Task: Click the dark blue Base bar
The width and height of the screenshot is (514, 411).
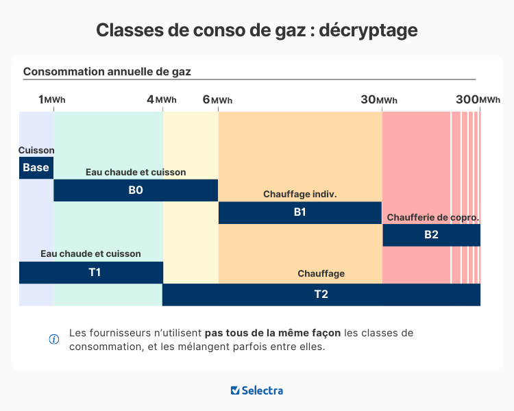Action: coord(36,168)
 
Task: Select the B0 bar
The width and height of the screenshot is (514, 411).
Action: coord(136,190)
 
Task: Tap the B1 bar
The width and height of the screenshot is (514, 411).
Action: coord(299,212)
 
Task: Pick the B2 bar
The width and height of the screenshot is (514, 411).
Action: coord(431,235)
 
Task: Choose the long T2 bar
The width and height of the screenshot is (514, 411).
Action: coord(321,295)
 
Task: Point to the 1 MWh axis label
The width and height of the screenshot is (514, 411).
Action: coord(52,100)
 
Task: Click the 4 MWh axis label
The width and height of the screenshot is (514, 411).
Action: coord(161,100)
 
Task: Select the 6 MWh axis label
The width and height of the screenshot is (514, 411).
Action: coord(217,100)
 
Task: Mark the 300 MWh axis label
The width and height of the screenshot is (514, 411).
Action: coord(478,100)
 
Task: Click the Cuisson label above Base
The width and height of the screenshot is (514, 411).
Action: coord(36,151)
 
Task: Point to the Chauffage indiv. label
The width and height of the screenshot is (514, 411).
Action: coord(299,195)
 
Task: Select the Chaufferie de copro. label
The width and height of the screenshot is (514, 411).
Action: coord(432,217)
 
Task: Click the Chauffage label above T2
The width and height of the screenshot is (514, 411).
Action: coord(321,274)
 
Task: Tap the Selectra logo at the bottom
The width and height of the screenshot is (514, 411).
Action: coord(257,390)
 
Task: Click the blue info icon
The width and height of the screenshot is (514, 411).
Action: coord(54,339)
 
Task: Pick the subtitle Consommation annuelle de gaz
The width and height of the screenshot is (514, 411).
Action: coord(108,71)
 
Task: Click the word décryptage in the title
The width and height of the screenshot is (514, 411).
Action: coord(368,30)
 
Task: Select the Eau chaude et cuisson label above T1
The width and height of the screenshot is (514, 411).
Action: coord(90,254)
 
